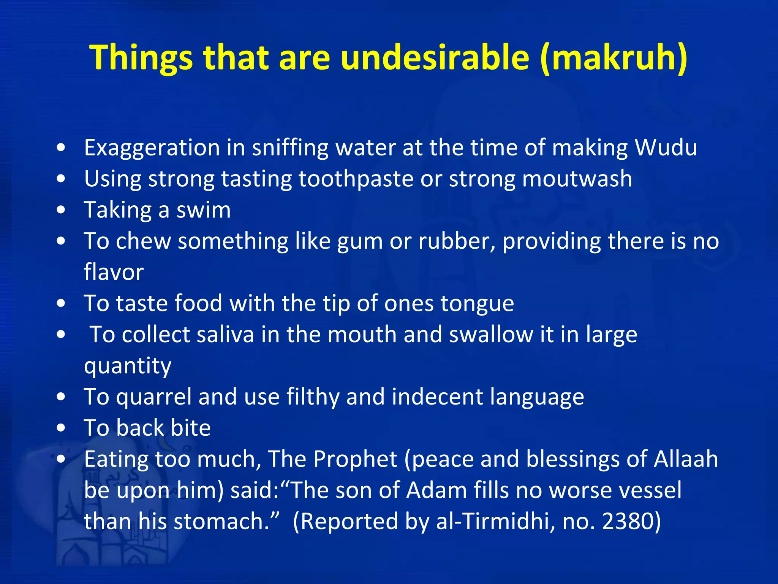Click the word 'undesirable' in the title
(435, 58)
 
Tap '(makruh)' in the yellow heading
(614, 58)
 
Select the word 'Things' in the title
(141, 58)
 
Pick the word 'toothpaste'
(356, 179)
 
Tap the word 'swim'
(204, 210)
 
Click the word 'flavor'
(114, 272)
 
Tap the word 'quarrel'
(154, 397)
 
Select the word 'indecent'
(437, 397)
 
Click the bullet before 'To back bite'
(61, 428)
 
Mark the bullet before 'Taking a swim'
(61, 210)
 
